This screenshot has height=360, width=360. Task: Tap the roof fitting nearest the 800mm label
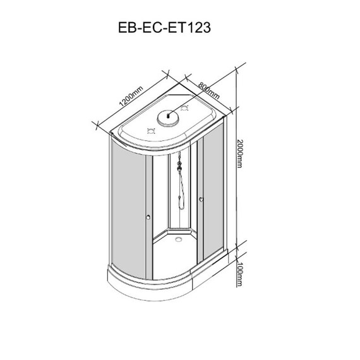tap(185, 108)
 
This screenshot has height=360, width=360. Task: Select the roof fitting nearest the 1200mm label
tap(150, 131)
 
